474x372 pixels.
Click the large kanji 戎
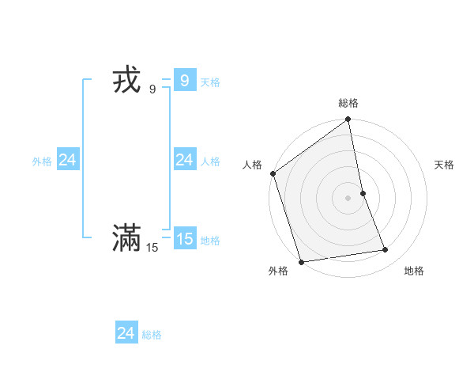coord(127,82)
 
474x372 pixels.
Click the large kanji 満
coord(126,237)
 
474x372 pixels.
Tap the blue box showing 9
coord(184,81)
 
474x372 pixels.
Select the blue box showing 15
coord(184,238)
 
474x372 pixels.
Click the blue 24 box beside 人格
coord(184,160)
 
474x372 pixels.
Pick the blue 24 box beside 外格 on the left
coord(67,160)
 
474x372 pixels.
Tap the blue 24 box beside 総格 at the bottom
coord(126,333)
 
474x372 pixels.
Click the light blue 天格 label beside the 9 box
coord(210,82)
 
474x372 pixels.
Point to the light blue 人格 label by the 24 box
coord(210,161)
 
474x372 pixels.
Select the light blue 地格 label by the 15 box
coord(210,241)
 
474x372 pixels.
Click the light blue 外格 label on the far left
coord(42,161)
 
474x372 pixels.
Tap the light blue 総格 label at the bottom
coord(152,335)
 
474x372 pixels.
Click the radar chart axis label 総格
coord(348,103)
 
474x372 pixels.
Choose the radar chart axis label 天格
coord(445,165)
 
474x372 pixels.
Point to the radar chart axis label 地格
coord(414,271)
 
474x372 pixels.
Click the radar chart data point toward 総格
coord(348,120)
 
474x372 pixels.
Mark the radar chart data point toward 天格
coord(363,193)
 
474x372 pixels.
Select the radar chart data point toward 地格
coord(386,250)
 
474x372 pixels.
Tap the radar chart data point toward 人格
coord(273,173)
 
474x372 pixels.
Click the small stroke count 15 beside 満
coord(152,248)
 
